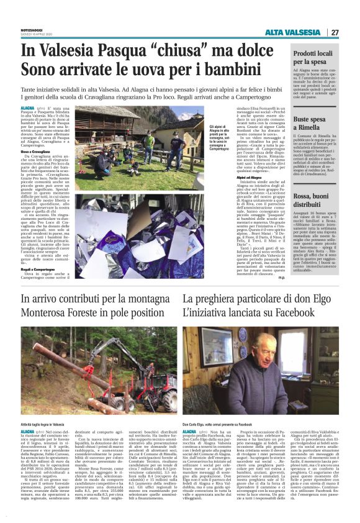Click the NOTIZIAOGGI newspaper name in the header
click(x=35, y=29)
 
